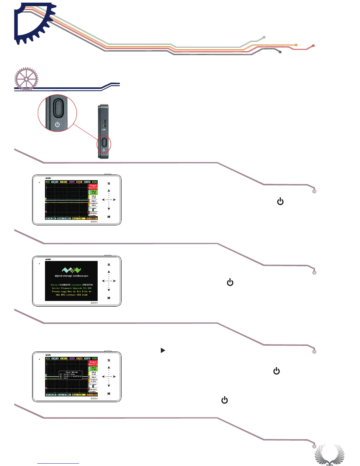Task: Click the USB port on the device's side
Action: (104, 123)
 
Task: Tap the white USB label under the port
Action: (104, 130)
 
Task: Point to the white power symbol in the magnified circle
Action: (57, 124)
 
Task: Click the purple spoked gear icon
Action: (26, 79)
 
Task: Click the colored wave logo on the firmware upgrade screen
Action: (71, 270)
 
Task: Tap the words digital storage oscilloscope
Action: (71, 276)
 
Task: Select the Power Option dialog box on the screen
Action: (71, 375)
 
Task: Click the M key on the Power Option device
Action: (109, 394)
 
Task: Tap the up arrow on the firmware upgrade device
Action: (109, 272)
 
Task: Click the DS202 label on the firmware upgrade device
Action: (94, 303)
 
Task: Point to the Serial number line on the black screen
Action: (71, 285)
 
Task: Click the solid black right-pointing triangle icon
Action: (163, 350)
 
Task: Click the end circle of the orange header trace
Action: (296, 45)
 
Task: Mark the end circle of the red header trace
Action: (313, 46)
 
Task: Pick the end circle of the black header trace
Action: (280, 52)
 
